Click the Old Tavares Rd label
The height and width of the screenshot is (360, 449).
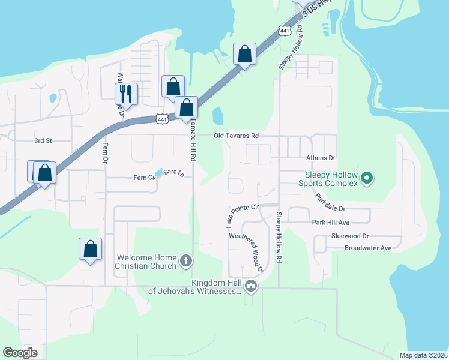tap(237, 136)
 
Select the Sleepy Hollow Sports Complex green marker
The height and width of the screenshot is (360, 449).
tap(367, 178)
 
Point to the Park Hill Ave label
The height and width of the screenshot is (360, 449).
tap(330, 223)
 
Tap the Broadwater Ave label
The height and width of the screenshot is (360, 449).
tap(368, 248)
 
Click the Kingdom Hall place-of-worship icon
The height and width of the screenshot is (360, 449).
tap(251, 287)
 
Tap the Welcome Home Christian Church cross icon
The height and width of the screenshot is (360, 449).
tap(187, 262)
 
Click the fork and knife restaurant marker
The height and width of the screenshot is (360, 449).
tap(126, 93)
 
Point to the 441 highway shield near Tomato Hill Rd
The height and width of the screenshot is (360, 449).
tap(161, 119)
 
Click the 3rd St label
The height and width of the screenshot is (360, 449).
tap(43, 140)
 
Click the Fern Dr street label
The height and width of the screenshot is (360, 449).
tap(106, 153)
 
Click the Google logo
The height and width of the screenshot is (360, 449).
tap(20, 353)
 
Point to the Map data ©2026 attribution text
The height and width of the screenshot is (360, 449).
tap(423, 355)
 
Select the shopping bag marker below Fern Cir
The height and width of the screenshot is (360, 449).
tap(90, 249)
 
